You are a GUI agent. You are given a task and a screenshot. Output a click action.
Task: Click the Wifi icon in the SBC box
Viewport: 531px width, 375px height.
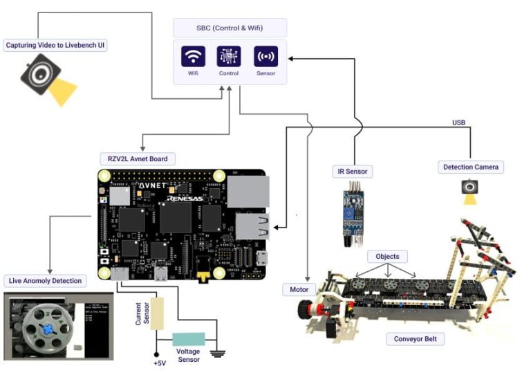tap(193, 56)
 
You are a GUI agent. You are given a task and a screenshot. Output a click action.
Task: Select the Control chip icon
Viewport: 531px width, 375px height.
tap(229, 56)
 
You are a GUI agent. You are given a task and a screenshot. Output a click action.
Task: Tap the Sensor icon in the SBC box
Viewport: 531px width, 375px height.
tap(265, 56)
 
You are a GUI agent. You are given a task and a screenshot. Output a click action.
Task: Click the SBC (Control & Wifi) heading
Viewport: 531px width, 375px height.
tap(229, 28)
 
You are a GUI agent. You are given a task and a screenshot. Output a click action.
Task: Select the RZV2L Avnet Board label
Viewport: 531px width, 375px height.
tap(137, 158)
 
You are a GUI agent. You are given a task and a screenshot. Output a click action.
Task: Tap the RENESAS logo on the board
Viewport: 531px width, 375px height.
tap(185, 198)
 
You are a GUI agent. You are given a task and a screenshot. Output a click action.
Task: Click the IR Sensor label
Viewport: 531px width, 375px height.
tap(352, 170)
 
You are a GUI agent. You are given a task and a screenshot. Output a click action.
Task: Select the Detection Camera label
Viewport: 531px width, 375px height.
tap(470, 167)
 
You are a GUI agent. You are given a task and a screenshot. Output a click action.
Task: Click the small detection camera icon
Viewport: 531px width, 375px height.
tap(470, 187)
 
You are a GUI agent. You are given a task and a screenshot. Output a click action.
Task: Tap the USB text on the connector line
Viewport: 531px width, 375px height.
tap(458, 122)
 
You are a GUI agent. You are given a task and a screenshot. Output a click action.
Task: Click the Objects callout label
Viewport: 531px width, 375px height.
tap(387, 256)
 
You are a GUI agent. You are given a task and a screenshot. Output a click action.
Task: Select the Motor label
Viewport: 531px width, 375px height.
tap(299, 289)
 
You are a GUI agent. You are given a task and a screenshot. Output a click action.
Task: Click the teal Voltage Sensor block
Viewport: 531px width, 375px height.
tap(188, 339)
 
